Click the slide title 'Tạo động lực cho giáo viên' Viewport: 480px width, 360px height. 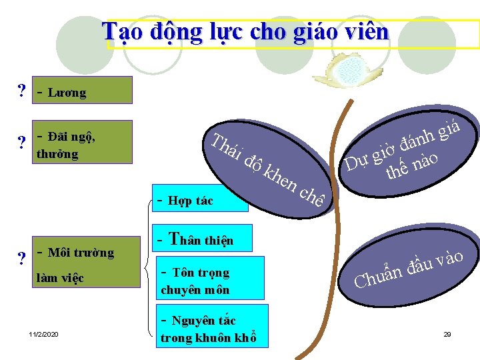click(245, 32)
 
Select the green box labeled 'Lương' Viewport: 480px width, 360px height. click(83, 90)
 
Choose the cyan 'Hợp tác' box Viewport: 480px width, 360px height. click(199, 199)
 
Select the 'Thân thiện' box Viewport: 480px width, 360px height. click(203, 239)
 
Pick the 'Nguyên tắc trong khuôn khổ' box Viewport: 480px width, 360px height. click(212, 327)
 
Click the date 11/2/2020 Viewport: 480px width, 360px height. click(44, 333)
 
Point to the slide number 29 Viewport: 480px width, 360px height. click(447, 333)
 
